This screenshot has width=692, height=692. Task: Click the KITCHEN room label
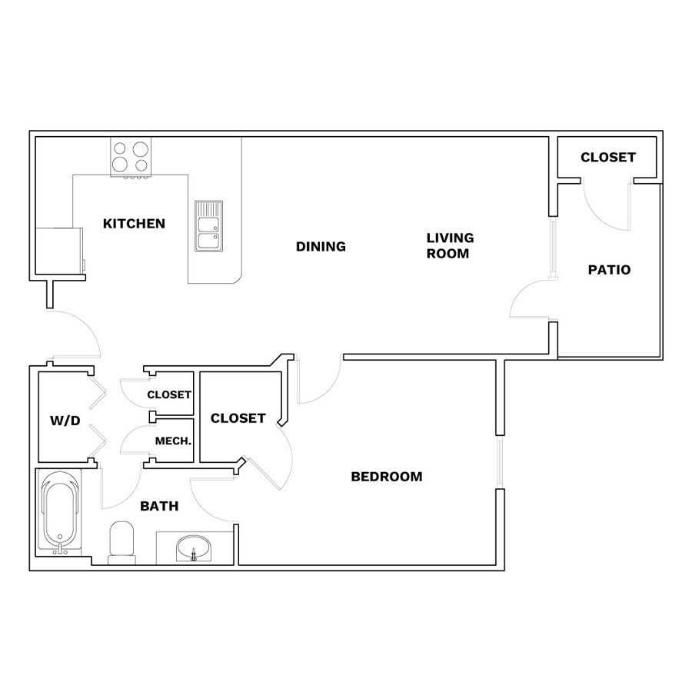coord(134,224)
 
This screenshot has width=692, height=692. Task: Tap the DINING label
coord(321,246)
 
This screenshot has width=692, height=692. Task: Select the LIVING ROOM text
coord(450,246)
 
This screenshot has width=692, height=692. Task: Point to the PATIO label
coord(609,270)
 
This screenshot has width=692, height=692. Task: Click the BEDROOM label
coord(387,477)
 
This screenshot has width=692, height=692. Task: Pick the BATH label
coord(159,506)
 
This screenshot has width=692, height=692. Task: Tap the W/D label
coord(65,421)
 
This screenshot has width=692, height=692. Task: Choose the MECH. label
coord(174,441)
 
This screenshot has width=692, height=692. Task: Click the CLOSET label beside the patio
coord(608,157)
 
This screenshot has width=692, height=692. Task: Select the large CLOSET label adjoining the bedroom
coord(238,418)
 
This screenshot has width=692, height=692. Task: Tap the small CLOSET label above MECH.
coord(169,394)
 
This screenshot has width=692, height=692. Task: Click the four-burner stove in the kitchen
coord(131,158)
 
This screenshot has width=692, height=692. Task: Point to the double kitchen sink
coord(208,226)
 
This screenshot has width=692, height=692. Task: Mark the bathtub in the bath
coord(59,512)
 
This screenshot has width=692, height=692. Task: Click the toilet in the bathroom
coord(121,543)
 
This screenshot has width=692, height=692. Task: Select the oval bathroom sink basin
coord(193,548)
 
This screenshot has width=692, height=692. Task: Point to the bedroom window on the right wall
coord(500,462)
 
